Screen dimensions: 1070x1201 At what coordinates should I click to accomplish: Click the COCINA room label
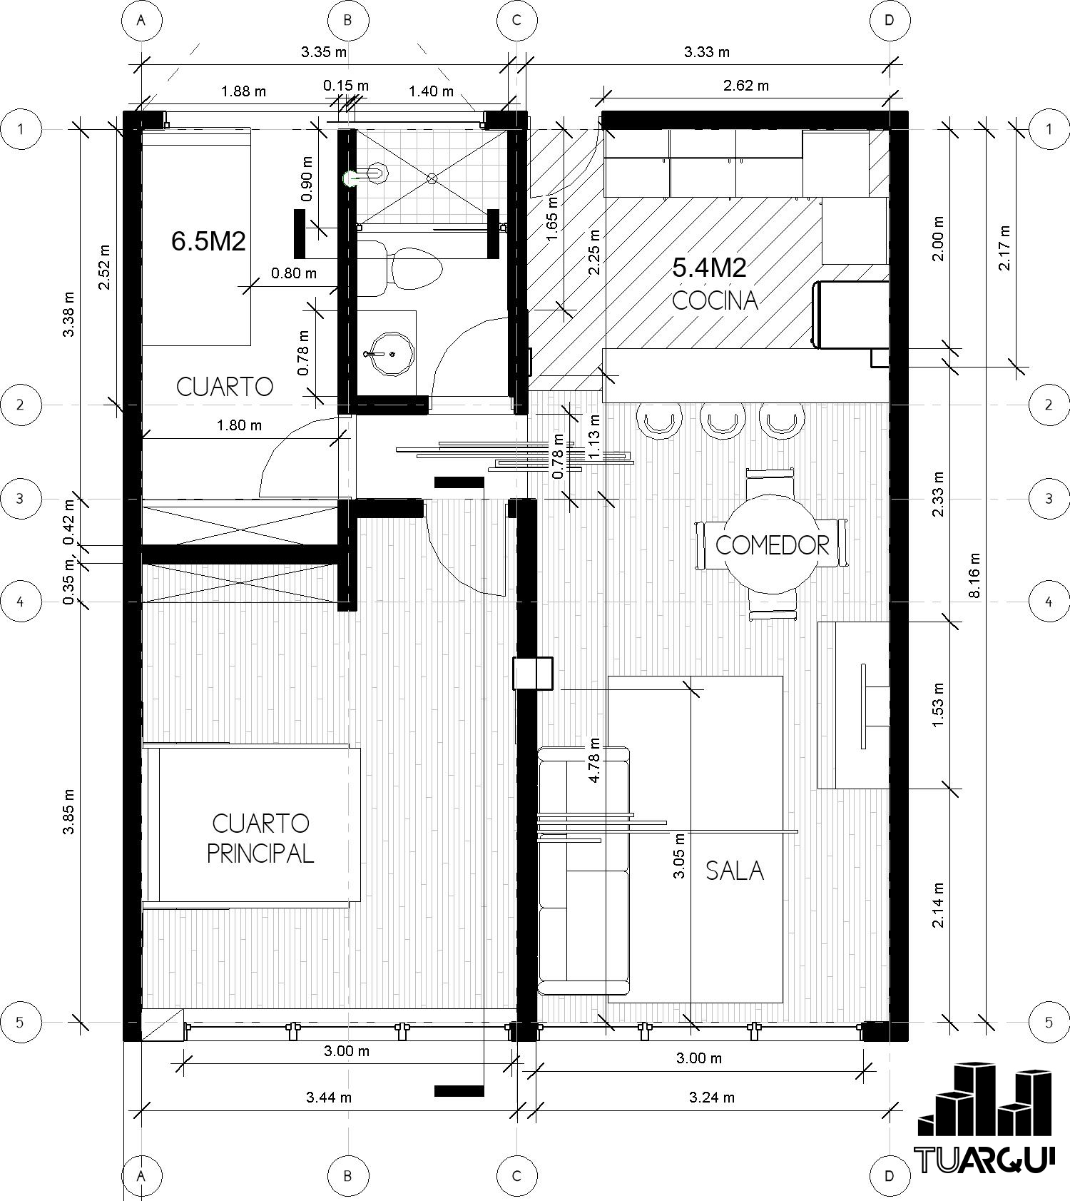(x=715, y=300)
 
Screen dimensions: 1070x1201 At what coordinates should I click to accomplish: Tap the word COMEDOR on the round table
(x=772, y=545)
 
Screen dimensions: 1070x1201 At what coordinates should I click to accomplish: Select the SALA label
(x=735, y=871)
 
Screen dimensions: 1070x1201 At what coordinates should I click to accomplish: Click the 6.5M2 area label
(x=208, y=241)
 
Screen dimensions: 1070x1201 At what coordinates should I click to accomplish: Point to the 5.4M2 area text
(x=710, y=268)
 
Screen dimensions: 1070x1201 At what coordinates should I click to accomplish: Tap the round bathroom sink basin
(x=389, y=353)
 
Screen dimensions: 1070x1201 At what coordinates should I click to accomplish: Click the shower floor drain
(x=432, y=178)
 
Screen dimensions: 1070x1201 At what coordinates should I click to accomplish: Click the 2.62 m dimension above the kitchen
(x=746, y=86)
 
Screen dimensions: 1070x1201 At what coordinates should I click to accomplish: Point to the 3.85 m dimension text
(x=68, y=811)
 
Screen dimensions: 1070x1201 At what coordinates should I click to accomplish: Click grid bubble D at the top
(x=890, y=20)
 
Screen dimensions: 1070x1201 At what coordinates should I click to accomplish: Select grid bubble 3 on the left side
(x=20, y=498)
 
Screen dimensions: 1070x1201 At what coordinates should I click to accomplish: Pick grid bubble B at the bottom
(x=348, y=1175)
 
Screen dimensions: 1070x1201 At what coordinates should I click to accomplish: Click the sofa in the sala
(x=584, y=871)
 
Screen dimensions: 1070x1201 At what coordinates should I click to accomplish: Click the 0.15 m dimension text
(x=346, y=86)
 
